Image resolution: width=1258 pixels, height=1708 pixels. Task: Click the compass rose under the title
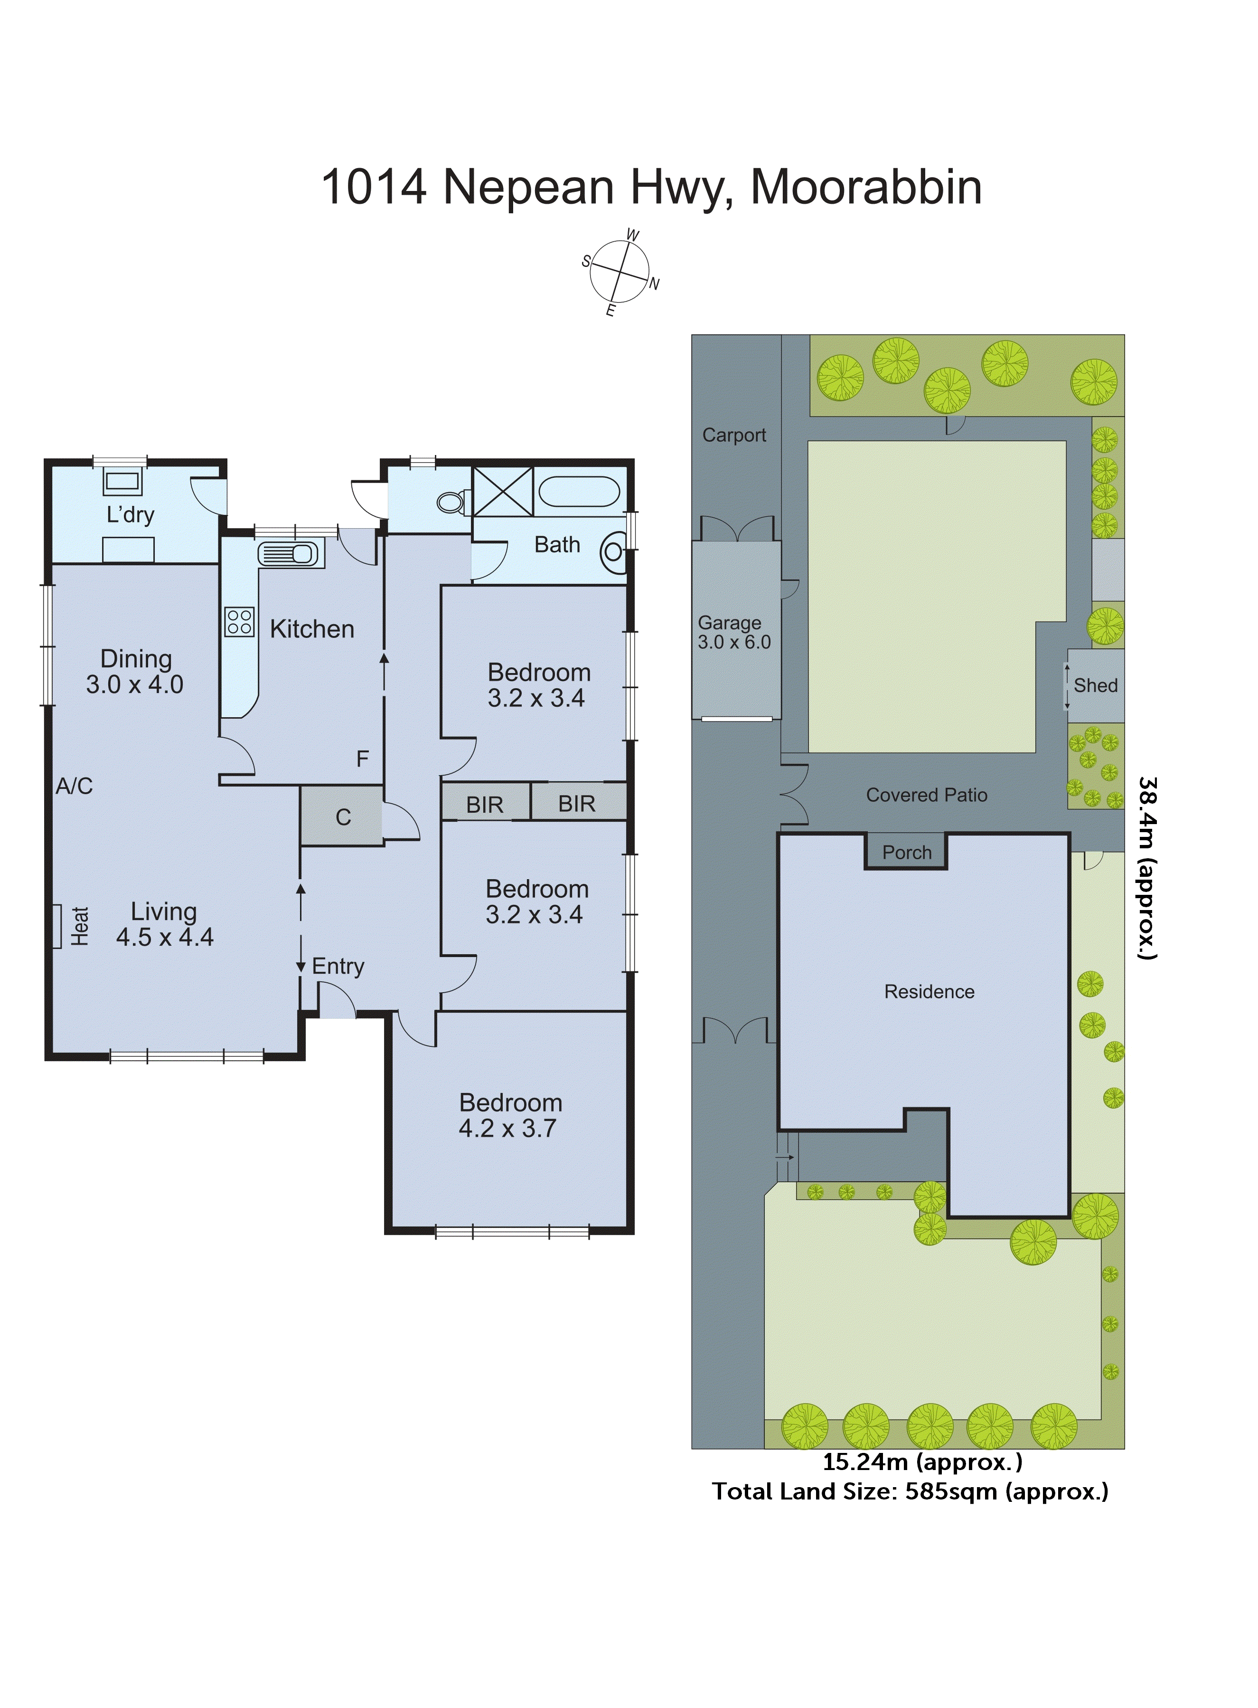(620, 271)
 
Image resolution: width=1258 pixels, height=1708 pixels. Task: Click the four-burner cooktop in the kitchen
(239, 622)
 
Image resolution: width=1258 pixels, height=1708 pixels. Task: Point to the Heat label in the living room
(79, 926)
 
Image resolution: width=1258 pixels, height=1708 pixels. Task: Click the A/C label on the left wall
(75, 786)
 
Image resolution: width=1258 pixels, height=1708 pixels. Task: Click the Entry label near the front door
(338, 966)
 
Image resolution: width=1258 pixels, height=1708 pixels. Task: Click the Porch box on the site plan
(906, 852)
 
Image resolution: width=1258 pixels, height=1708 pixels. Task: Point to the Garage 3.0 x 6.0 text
(733, 632)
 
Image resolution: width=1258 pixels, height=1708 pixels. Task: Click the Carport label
(733, 435)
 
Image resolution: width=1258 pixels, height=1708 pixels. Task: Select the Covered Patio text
(926, 795)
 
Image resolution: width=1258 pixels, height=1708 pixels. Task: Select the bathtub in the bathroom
(579, 492)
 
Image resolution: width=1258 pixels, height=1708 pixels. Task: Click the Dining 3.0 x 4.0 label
(135, 671)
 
